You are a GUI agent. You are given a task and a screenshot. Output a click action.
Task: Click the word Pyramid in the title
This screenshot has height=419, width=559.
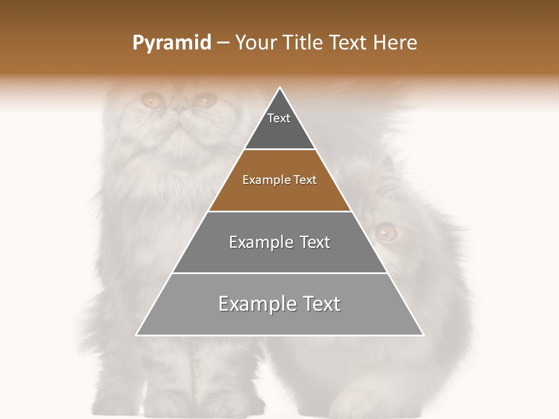click(x=171, y=43)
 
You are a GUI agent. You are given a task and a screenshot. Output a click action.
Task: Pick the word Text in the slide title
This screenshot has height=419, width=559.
click(x=348, y=43)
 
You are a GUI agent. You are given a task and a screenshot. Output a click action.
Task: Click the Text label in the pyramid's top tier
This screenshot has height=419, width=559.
click(x=279, y=118)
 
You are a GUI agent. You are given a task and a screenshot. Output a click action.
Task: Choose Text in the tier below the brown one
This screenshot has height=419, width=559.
click(x=315, y=242)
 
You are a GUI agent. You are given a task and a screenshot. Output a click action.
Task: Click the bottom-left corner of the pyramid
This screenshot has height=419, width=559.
click(x=136, y=335)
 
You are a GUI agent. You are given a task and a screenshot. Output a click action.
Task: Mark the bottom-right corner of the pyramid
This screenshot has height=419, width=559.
click(x=423, y=335)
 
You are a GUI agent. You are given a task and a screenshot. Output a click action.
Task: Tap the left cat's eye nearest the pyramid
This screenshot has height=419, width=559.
click(x=204, y=101)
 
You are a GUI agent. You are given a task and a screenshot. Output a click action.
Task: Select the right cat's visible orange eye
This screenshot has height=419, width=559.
click(x=385, y=233)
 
